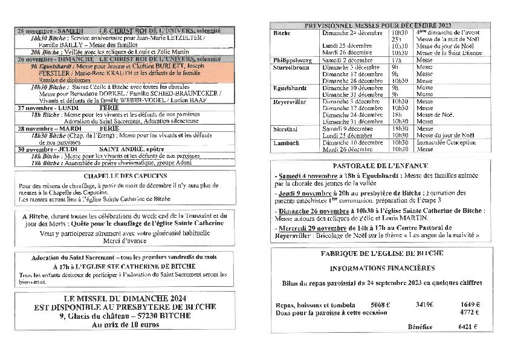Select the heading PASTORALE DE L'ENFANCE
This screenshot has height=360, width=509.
click(x=380, y=165)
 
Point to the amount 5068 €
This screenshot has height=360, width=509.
click(x=380, y=305)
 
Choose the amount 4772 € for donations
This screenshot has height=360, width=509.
click(x=469, y=312)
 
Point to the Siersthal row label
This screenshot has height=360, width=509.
click(x=286, y=128)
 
